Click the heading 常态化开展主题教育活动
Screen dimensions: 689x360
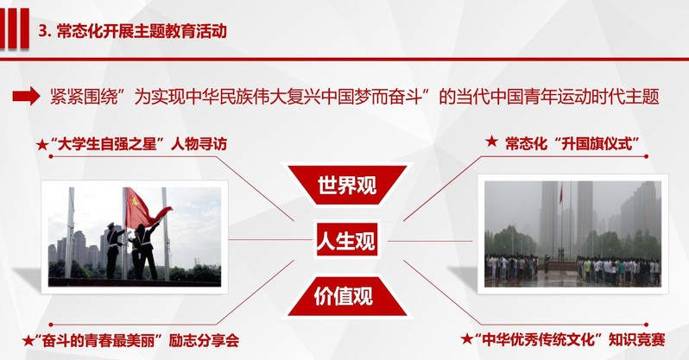[142, 31]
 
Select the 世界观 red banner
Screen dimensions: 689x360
[347, 185]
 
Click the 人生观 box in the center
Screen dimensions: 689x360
[346, 241]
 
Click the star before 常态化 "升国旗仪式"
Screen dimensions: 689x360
[491, 142]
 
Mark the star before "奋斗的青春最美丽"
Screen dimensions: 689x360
[28, 341]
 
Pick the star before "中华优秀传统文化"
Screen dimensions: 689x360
[467, 339]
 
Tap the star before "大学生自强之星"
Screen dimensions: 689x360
[42, 145]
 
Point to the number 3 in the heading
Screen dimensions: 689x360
[42, 32]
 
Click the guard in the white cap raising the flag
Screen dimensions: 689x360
[114, 249]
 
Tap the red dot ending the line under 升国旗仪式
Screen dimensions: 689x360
[646, 156]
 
